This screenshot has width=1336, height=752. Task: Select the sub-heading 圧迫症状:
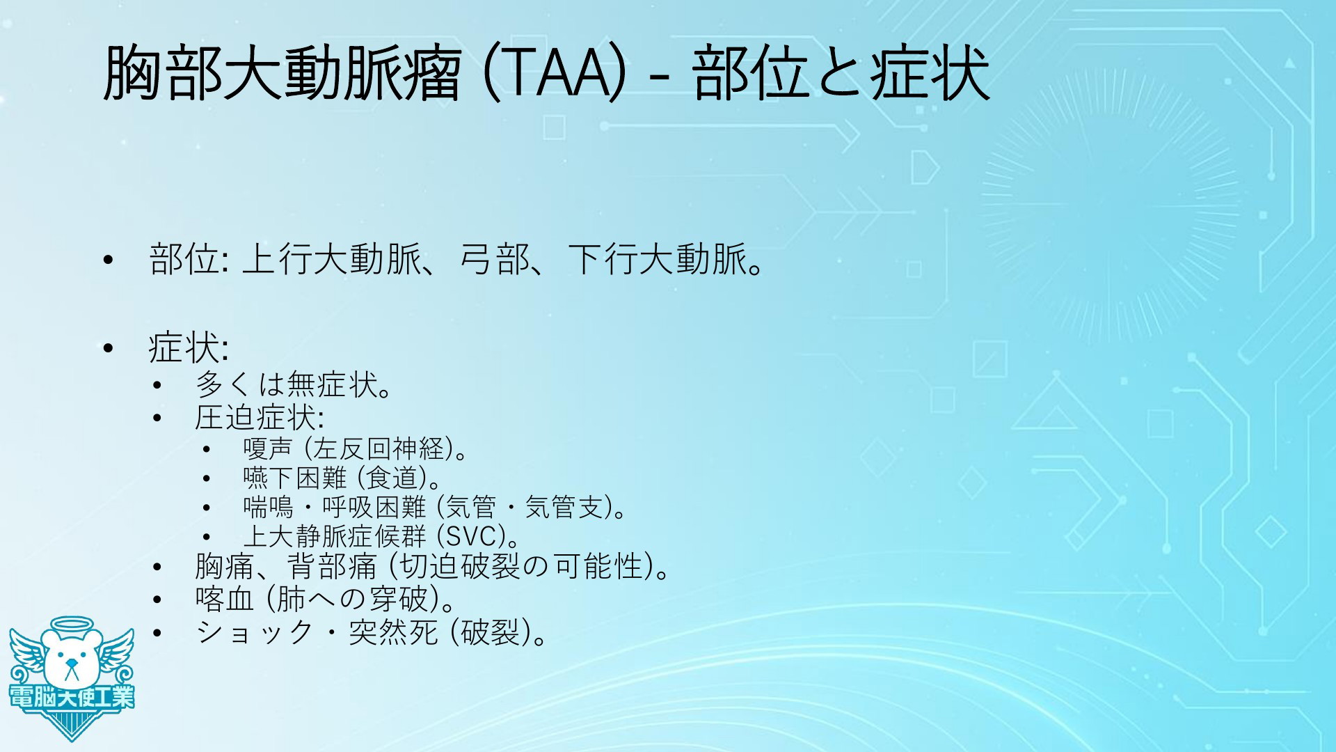tap(259, 418)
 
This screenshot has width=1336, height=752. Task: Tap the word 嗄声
tap(268, 448)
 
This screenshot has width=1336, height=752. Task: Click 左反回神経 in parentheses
tap(379, 448)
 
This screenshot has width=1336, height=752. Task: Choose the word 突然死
tap(393, 632)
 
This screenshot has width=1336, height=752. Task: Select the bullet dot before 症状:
tap(106, 347)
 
